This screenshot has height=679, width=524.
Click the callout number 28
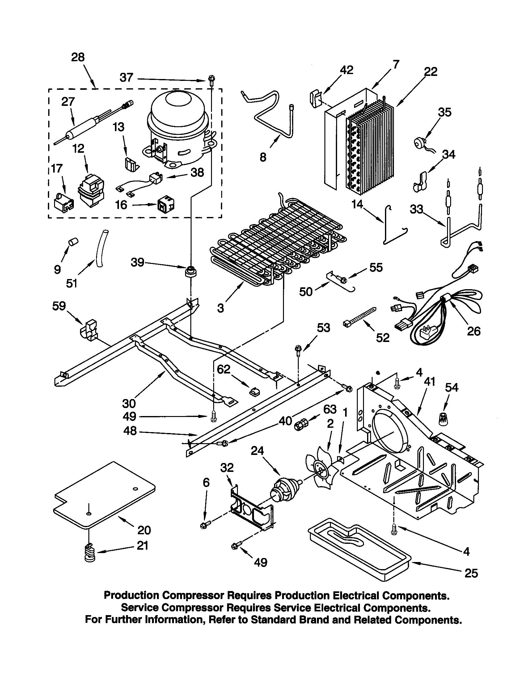[x=78, y=57]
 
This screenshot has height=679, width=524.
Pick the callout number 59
[x=59, y=306]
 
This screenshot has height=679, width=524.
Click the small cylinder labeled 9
[x=73, y=241]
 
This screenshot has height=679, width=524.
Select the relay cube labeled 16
[x=166, y=204]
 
